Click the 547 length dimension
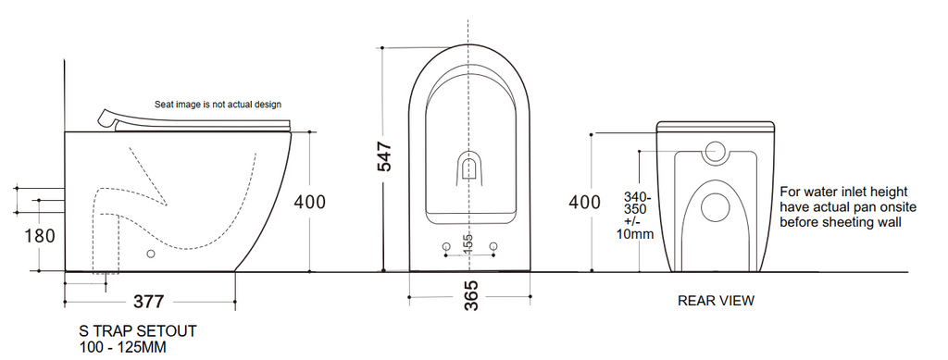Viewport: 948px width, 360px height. (x=384, y=156)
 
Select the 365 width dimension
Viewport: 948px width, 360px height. (x=471, y=296)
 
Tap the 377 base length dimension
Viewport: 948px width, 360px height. (x=149, y=302)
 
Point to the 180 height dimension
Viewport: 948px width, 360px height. (x=40, y=235)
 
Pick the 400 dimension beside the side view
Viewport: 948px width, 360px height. (x=309, y=202)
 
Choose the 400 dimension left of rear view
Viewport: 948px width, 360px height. (x=585, y=202)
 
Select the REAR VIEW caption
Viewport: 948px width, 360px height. (x=716, y=300)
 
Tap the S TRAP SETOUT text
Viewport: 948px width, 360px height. (x=138, y=331)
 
